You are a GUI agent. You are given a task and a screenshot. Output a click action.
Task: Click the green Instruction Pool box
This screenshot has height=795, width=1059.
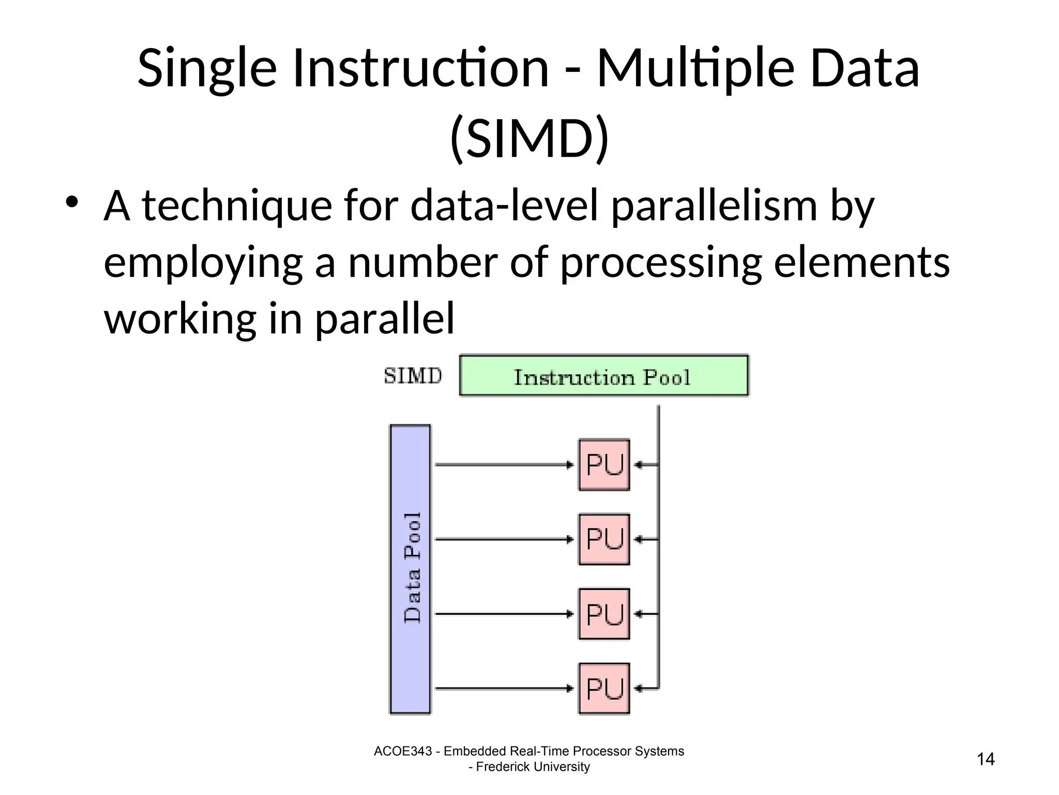(x=603, y=376)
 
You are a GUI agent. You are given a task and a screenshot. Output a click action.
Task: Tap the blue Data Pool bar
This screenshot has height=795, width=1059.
(x=410, y=569)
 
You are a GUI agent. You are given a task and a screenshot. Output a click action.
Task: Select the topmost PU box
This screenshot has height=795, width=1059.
(x=604, y=465)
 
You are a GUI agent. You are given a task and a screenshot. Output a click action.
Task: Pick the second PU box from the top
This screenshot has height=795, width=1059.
(x=604, y=539)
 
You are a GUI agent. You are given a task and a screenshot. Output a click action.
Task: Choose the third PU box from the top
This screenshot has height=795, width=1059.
(x=604, y=614)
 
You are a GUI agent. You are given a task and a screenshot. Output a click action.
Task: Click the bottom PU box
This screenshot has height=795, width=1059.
(x=604, y=688)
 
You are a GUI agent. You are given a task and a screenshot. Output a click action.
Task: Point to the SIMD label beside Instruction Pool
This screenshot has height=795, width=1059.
(x=413, y=376)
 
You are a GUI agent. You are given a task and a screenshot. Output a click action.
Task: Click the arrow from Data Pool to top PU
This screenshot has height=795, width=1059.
(x=504, y=465)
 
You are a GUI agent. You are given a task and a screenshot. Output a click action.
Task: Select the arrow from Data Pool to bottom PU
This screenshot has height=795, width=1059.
(x=504, y=688)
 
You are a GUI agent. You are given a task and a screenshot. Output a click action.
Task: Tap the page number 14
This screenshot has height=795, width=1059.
(x=986, y=759)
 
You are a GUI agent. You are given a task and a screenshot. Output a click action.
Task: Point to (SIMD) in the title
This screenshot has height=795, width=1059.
(x=529, y=139)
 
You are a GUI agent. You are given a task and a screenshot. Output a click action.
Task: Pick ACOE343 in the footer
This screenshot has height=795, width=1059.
(x=402, y=751)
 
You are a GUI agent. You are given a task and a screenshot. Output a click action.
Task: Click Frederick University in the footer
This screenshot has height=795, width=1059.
(x=533, y=767)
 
